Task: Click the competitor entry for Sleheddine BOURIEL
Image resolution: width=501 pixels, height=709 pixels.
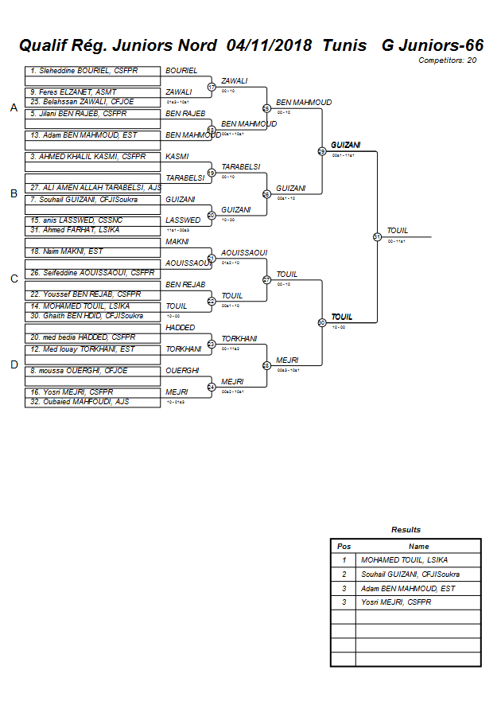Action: click(83, 71)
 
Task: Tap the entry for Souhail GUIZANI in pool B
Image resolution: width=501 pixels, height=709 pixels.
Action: click(83, 199)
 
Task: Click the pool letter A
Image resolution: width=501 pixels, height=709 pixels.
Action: click(14, 108)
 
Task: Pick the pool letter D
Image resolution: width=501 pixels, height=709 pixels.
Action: click(14, 364)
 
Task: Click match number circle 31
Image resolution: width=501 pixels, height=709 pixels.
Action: click(377, 236)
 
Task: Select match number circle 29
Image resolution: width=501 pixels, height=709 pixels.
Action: click(322, 151)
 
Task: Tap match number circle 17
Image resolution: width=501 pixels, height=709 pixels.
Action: click(212, 87)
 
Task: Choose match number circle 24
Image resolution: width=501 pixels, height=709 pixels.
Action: click(212, 387)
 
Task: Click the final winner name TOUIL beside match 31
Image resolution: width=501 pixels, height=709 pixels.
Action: click(398, 231)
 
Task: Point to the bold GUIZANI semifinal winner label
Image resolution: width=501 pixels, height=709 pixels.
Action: click(346, 145)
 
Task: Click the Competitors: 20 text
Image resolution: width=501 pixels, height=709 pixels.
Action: click(448, 60)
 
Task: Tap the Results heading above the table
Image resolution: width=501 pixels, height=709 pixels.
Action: click(406, 529)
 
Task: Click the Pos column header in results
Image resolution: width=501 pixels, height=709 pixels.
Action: click(344, 547)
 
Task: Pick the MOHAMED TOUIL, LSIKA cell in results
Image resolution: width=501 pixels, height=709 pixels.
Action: click(404, 560)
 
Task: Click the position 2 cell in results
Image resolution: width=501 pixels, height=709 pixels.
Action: click(344, 574)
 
